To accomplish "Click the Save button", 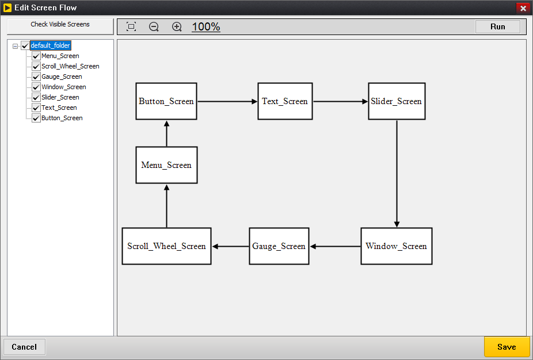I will (x=507, y=347).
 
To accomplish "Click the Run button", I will (x=497, y=26).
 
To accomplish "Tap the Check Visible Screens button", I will (x=60, y=25).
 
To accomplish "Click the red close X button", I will (x=523, y=8).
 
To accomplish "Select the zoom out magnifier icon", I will (x=154, y=27).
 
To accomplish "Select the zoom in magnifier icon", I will (x=177, y=27).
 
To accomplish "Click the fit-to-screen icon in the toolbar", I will (x=131, y=27).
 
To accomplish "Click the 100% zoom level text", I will (x=206, y=27).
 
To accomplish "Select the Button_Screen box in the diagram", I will (x=166, y=101).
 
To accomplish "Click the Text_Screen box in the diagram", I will (x=285, y=101).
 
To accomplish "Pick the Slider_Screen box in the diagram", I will (x=397, y=101).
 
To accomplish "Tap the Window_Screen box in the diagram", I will (x=396, y=246).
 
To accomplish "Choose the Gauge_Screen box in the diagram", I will (x=279, y=246).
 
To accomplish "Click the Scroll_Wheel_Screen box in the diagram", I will (x=166, y=246).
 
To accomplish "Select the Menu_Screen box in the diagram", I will (x=166, y=165).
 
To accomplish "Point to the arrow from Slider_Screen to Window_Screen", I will (x=397, y=173).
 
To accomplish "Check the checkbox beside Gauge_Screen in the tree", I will (x=36, y=77).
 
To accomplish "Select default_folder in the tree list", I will (x=51, y=45).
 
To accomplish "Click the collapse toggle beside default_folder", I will (x=16, y=46).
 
